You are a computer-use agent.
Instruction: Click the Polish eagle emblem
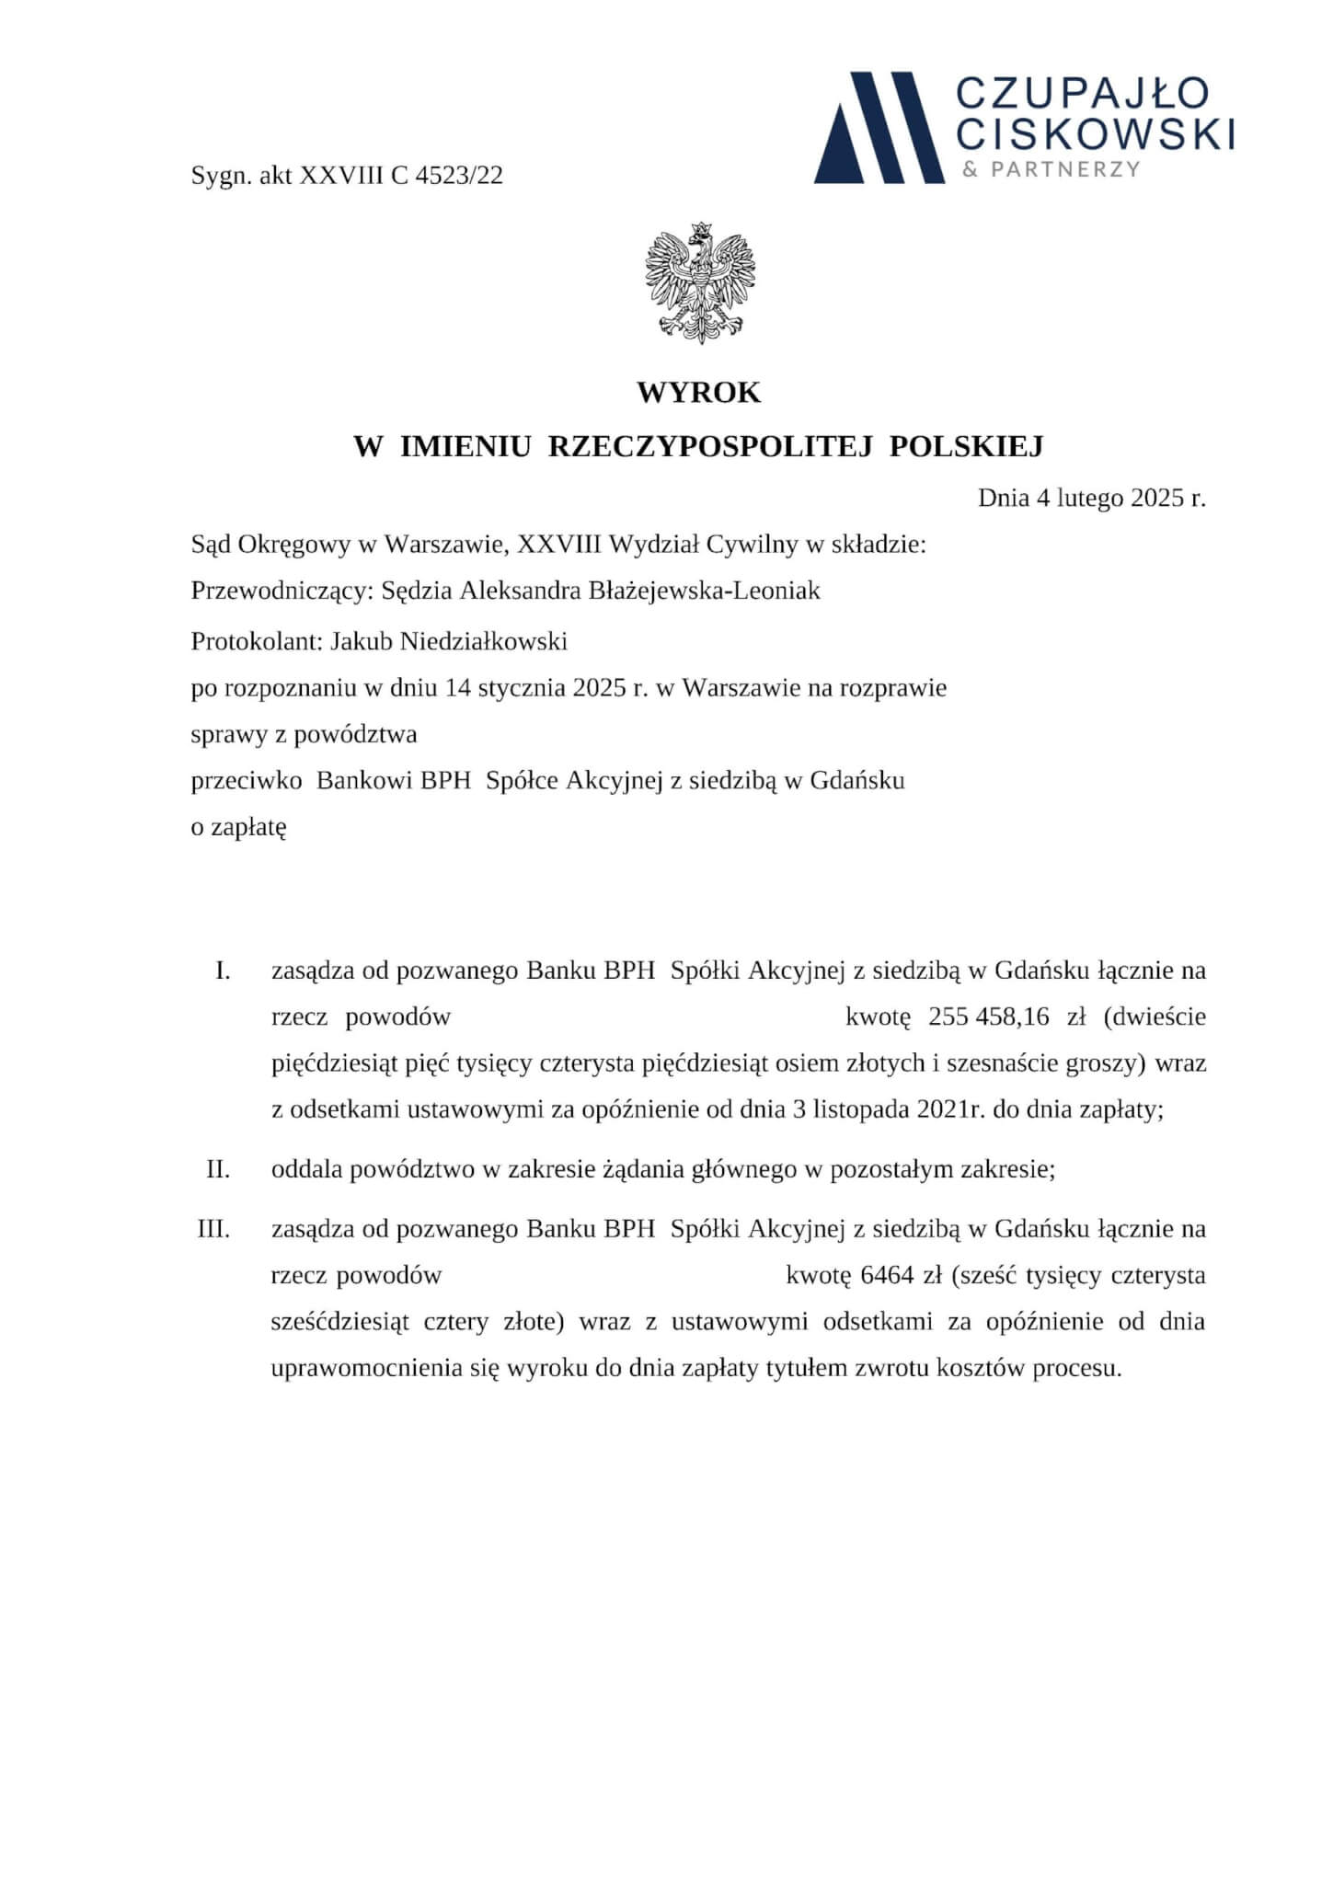point(700,282)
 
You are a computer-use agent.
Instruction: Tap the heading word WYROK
point(699,393)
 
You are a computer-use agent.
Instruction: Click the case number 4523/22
point(459,176)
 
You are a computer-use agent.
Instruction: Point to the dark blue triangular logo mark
point(879,129)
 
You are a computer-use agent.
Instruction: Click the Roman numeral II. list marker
point(218,1169)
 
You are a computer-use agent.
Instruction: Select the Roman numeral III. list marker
point(213,1229)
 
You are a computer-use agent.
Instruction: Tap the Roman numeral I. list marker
point(223,971)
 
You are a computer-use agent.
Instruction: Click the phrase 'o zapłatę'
point(238,827)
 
